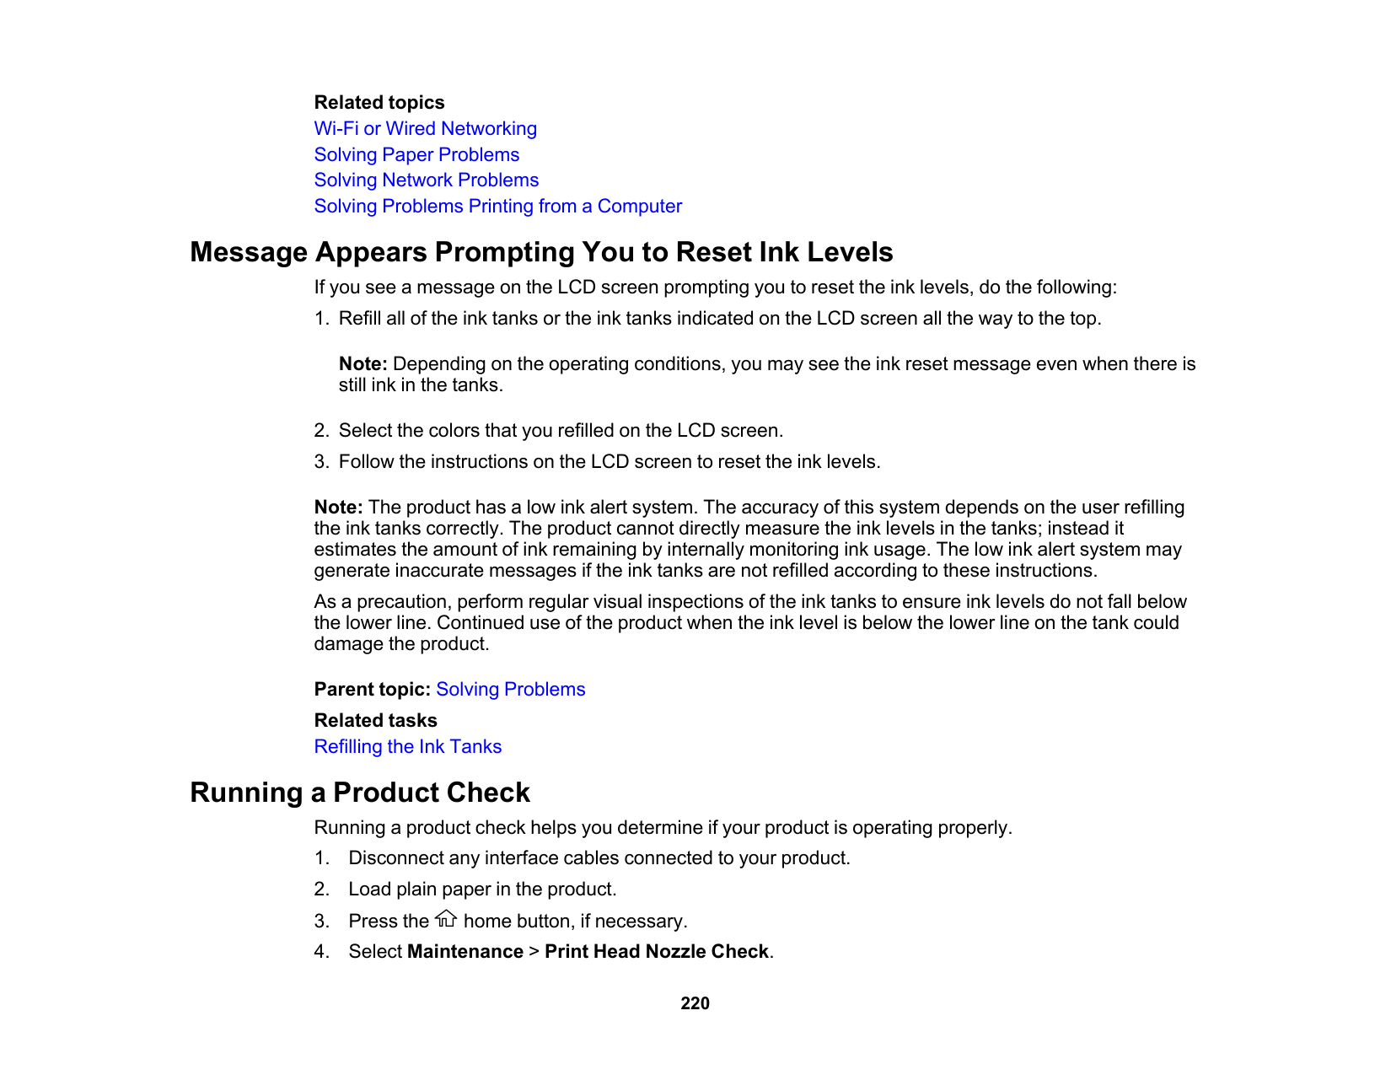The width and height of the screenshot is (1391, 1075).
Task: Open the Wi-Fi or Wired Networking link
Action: pyautogui.click(x=425, y=129)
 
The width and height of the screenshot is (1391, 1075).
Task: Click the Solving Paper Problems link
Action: pyautogui.click(x=416, y=155)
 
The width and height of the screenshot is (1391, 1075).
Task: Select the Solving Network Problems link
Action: pyautogui.click(x=426, y=180)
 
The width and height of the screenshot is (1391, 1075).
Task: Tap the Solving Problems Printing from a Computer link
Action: pyautogui.click(x=497, y=207)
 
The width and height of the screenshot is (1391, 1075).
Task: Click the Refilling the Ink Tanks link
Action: pyautogui.click(x=407, y=747)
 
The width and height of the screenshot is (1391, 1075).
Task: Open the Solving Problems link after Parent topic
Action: pyautogui.click(x=510, y=690)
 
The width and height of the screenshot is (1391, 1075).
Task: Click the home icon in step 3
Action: pyautogui.click(x=446, y=919)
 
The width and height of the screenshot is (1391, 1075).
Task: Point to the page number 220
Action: pyautogui.click(x=695, y=1003)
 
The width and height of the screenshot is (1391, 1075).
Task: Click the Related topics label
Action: pyautogui.click(x=379, y=103)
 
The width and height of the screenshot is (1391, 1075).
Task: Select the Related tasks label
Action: pyautogui.click(x=375, y=721)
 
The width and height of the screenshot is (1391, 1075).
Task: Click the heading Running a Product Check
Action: pyautogui.click(x=359, y=793)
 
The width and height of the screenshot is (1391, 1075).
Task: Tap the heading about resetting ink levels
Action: pyautogui.click(x=540, y=252)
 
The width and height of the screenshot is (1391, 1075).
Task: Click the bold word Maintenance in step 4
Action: pyautogui.click(x=465, y=952)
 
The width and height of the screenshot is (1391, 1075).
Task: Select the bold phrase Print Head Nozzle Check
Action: pyautogui.click(x=656, y=952)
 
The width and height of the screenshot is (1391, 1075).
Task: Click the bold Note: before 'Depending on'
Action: pyautogui.click(x=363, y=364)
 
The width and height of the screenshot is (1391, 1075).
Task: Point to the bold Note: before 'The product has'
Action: pyautogui.click(x=338, y=508)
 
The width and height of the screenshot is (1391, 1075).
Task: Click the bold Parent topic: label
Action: pyautogui.click(x=372, y=690)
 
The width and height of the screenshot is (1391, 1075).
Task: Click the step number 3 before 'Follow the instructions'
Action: pyautogui.click(x=320, y=462)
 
